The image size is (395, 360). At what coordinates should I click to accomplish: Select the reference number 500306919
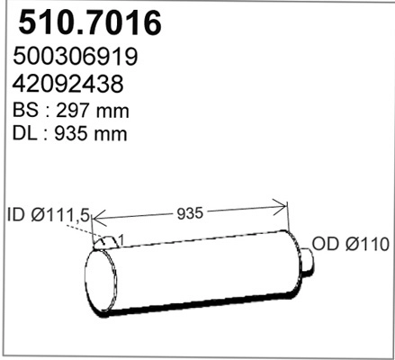[76, 58]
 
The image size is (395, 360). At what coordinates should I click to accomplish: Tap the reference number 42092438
[69, 85]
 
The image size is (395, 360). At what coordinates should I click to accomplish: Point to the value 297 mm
[95, 112]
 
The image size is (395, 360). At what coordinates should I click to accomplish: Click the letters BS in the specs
[25, 112]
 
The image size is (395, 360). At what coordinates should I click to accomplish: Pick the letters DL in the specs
[25, 135]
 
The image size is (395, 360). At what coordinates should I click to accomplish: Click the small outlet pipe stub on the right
[307, 260]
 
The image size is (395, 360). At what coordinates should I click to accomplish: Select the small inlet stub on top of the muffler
[106, 241]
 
